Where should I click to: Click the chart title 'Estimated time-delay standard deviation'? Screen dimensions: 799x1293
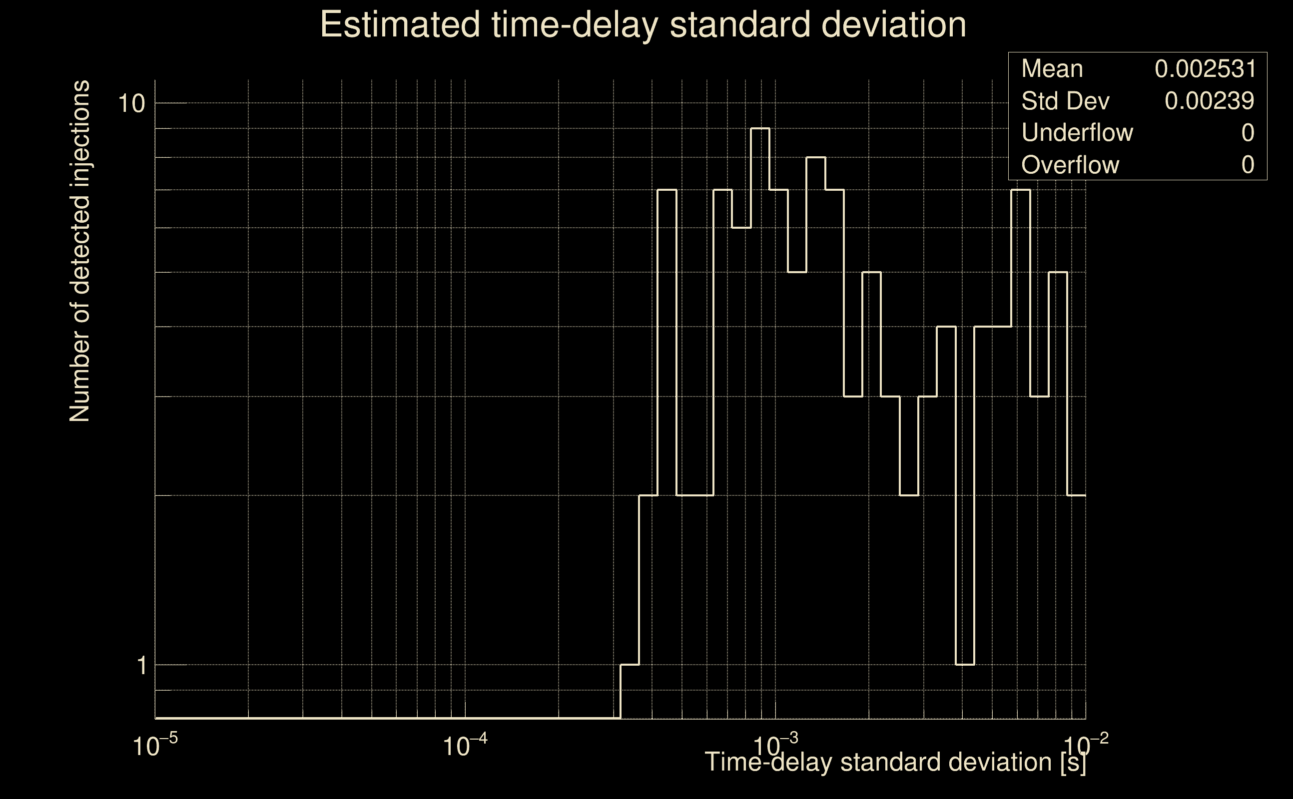pyautogui.click(x=643, y=25)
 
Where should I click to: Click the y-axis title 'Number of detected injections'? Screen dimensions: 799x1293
pyautogui.click(x=79, y=252)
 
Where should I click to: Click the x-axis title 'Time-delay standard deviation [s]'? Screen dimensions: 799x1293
pyautogui.click(x=895, y=762)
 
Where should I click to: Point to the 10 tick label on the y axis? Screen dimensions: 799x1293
pyautogui.click(x=131, y=103)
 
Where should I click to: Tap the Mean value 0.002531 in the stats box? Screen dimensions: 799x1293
pyautogui.click(x=1205, y=69)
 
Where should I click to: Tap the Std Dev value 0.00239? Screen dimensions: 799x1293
pyautogui.click(x=1209, y=101)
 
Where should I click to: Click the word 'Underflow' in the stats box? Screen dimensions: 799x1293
pyautogui.click(x=1077, y=133)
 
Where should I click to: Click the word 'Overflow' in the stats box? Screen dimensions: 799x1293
pyautogui.click(x=1070, y=165)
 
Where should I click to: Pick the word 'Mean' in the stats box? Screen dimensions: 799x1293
pyautogui.click(x=1052, y=69)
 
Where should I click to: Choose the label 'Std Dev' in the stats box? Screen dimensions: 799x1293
pyautogui.click(x=1065, y=101)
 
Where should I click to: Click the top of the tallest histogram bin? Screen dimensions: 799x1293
pyautogui.click(x=759, y=128)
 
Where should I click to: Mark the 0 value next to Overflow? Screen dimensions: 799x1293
pyautogui.click(x=1248, y=165)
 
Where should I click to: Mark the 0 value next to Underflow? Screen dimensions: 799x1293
pyautogui.click(x=1248, y=133)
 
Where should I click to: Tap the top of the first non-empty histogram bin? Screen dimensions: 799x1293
pyautogui.click(x=630, y=665)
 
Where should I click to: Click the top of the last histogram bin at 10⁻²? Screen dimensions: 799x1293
pyautogui.click(x=1076, y=496)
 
